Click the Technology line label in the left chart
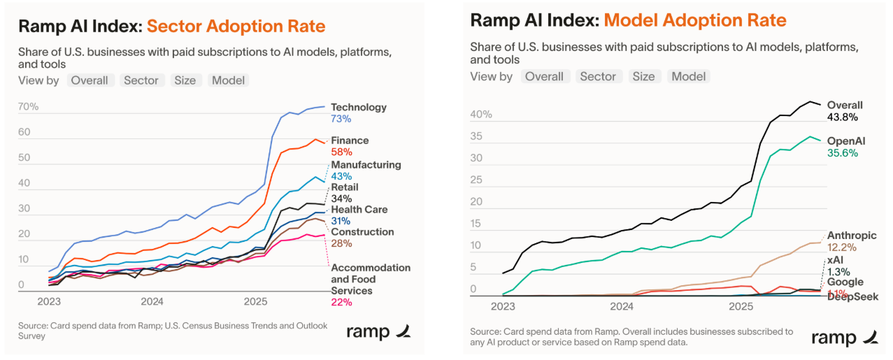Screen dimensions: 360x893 (x=358, y=107)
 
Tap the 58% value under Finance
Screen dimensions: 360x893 (x=341, y=152)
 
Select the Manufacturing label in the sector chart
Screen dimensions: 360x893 (x=366, y=165)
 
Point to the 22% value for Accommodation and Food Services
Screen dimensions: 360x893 (x=341, y=302)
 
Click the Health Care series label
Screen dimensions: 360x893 (x=359, y=210)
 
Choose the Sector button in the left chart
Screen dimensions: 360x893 (x=141, y=80)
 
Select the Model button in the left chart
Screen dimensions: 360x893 (x=228, y=80)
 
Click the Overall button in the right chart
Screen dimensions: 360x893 (x=544, y=76)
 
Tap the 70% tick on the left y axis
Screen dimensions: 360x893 (x=28, y=107)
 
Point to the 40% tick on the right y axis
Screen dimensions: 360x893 (x=481, y=114)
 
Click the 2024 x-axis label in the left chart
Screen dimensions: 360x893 (x=152, y=302)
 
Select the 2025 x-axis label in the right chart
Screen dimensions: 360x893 (x=741, y=306)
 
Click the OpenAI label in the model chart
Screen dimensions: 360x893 (x=846, y=141)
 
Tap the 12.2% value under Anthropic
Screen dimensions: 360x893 (x=842, y=247)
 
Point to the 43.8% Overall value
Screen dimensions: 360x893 (x=842, y=117)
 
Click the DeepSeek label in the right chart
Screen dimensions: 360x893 (x=852, y=297)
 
